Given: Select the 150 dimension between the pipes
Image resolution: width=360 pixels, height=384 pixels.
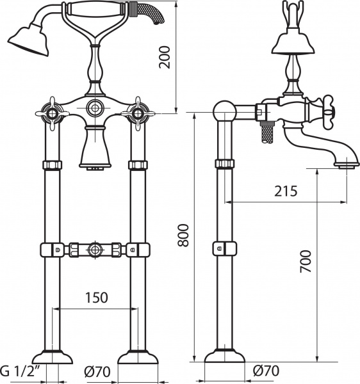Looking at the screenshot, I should (x=97, y=298).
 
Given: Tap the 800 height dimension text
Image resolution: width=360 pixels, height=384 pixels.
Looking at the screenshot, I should (x=184, y=237).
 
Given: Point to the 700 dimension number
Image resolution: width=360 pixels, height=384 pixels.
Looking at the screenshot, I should (x=306, y=261).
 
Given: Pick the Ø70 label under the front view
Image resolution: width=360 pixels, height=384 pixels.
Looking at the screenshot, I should (x=97, y=371).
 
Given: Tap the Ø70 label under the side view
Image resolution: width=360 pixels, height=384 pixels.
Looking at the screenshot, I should (x=265, y=371).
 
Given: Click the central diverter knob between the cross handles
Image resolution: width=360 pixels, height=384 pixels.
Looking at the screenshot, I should (x=94, y=108).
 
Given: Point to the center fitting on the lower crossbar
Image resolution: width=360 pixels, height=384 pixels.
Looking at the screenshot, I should (x=94, y=248).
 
